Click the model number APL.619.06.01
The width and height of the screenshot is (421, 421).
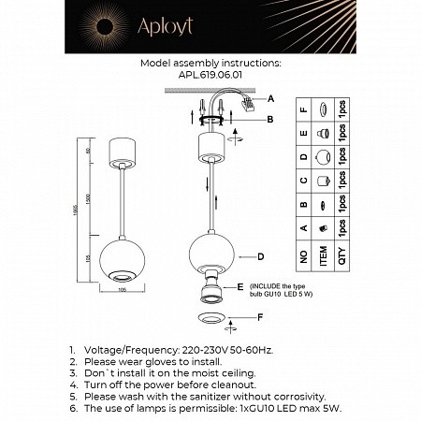[209, 79]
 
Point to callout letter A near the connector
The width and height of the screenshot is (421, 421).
[272, 99]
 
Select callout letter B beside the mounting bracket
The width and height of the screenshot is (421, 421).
[272, 119]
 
